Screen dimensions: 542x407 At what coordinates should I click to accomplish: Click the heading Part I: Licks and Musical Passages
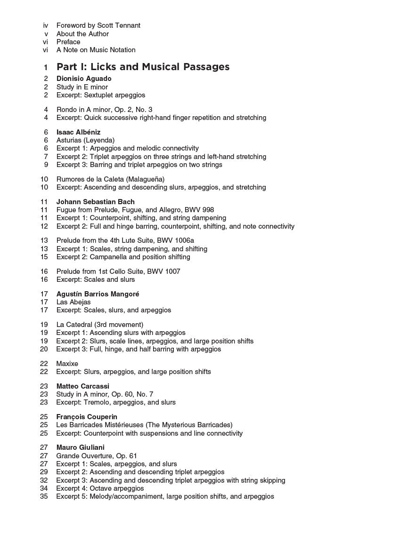point(143,67)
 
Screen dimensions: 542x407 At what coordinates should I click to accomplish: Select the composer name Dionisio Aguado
point(84,79)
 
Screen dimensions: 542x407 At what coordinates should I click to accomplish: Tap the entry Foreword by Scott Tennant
point(98,25)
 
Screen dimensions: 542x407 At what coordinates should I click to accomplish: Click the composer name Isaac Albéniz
point(78,132)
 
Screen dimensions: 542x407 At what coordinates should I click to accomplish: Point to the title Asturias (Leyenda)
point(85,140)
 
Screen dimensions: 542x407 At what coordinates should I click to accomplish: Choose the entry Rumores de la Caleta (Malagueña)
point(110,179)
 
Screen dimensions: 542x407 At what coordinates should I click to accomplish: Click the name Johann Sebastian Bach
point(95,202)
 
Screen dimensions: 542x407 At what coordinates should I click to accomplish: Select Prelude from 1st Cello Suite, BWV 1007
point(118,271)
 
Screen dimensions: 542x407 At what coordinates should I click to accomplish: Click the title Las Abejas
point(73,302)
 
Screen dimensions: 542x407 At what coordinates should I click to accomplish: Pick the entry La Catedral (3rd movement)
point(99,325)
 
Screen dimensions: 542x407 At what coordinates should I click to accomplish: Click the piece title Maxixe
point(67,364)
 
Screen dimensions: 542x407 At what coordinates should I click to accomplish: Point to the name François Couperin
point(87,417)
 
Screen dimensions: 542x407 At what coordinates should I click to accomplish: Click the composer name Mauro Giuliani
point(80,447)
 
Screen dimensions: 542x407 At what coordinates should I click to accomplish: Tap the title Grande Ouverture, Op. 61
point(96,455)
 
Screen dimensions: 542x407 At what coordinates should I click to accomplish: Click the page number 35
point(44,496)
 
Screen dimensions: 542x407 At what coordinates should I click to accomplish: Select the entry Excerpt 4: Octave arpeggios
point(100,488)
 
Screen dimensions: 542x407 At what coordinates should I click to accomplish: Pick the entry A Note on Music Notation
point(96,50)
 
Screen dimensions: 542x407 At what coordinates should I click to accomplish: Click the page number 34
point(44,488)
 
